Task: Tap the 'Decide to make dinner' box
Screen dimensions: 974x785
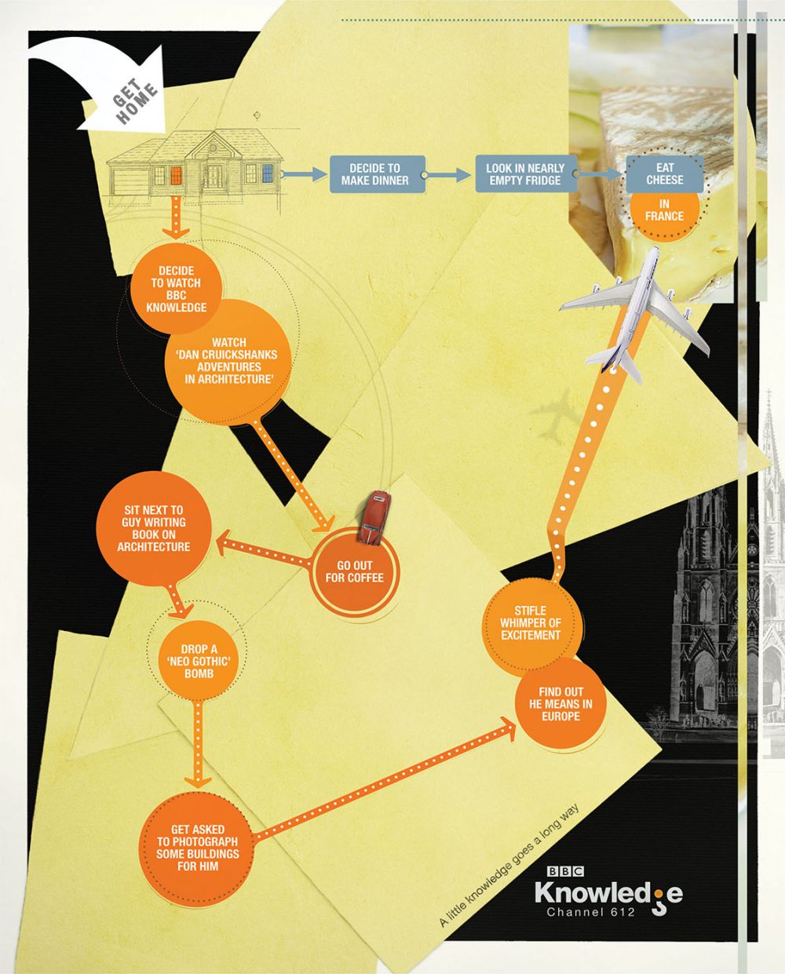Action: (x=376, y=174)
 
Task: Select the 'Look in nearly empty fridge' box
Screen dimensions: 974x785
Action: (x=524, y=174)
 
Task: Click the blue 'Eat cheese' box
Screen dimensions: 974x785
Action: (x=664, y=173)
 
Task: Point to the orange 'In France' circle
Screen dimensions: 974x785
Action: (x=664, y=212)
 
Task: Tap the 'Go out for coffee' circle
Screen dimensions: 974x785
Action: (x=354, y=572)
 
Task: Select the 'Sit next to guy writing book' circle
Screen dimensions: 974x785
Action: (x=154, y=527)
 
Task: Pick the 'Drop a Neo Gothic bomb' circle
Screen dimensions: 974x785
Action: (x=199, y=661)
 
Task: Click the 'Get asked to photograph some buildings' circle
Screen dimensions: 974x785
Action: (x=197, y=848)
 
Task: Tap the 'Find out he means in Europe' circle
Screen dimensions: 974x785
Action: (x=560, y=704)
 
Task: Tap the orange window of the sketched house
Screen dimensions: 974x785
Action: (x=176, y=175)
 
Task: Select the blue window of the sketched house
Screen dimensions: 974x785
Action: (x=268, y=173)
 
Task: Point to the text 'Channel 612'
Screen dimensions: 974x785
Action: (x=590, y=912)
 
